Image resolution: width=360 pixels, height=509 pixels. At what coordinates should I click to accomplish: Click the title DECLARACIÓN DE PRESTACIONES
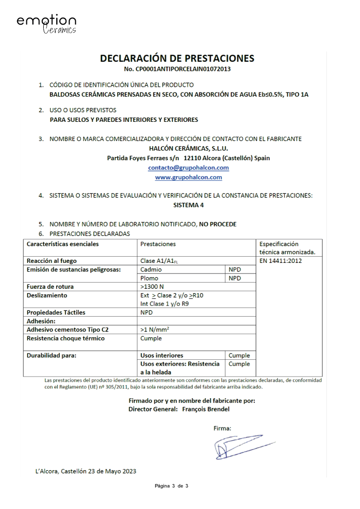(177, 59)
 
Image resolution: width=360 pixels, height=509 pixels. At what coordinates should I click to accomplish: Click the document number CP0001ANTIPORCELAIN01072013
(177, 69)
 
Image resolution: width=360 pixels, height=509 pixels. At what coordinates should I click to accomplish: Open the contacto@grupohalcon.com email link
(188, 168)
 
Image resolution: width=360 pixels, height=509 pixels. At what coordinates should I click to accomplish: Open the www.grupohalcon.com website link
(188, 178)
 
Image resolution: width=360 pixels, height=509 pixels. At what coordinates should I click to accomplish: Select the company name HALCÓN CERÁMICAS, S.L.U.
(188, 149)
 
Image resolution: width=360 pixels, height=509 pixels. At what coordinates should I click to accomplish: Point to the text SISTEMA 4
(188, 205)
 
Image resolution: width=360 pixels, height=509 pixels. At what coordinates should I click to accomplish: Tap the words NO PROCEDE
(218, 224)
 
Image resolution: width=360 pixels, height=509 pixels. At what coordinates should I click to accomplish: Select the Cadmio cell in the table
(151, 270)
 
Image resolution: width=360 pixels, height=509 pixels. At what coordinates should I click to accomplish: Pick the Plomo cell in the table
(149, 278)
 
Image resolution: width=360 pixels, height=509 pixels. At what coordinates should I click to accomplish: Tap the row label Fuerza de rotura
(50, 287)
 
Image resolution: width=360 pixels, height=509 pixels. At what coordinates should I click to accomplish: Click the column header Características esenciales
(62, 244)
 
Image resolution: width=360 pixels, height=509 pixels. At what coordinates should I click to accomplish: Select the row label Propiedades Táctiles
(56, 313)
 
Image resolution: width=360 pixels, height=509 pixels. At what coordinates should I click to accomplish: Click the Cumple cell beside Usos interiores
(239, 355)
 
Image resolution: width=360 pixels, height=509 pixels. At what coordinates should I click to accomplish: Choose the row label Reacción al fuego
(52, 261)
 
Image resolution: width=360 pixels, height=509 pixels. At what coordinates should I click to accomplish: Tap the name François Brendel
(206, 409)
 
